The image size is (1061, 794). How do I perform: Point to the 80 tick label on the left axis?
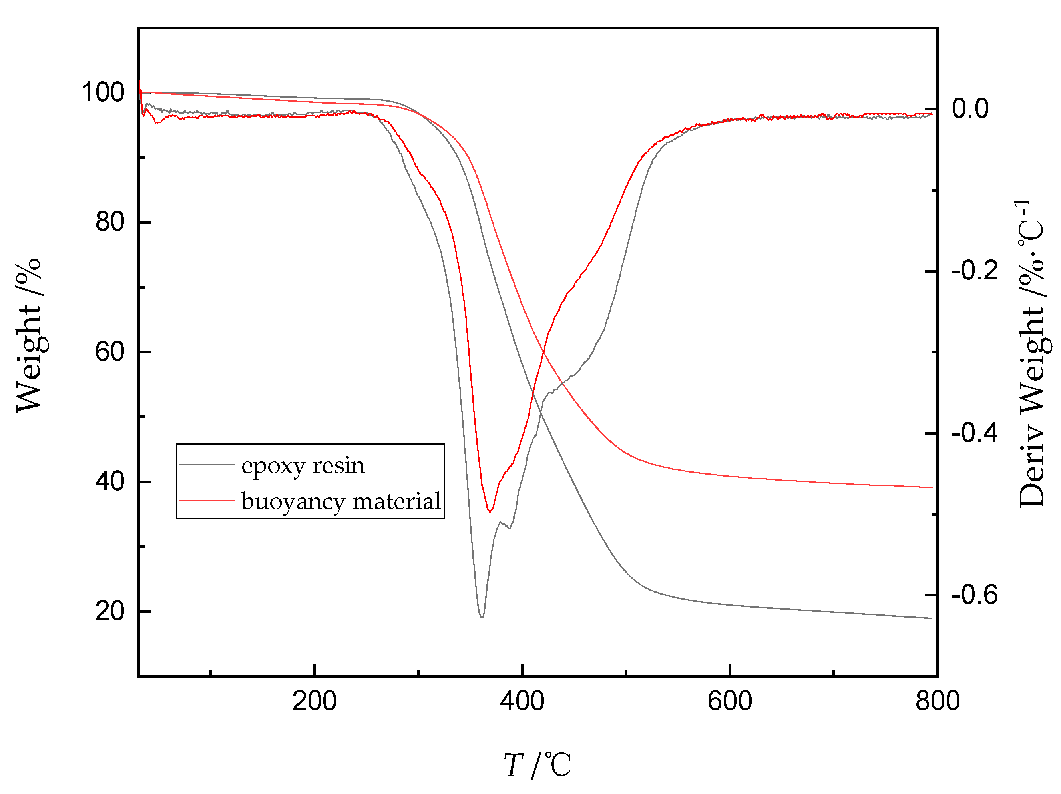(x=110, y=222)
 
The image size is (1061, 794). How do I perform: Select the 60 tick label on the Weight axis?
(x=110, y=352)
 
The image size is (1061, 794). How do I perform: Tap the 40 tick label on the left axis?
(x=110, y=481)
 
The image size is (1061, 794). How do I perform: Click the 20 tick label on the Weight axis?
(x=110, y=611)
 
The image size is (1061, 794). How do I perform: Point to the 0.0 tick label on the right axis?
(x=970, y=109)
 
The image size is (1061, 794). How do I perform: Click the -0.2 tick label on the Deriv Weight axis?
(x=975, y=271)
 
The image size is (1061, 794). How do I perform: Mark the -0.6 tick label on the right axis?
(x=975, y=595)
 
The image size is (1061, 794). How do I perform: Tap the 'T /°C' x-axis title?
(x=537, y=765)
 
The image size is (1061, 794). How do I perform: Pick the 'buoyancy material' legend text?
(x=340, y=502)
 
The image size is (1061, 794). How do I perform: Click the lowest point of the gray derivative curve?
(x=482, y=617)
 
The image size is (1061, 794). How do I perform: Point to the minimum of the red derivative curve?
(x=490, y=511)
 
